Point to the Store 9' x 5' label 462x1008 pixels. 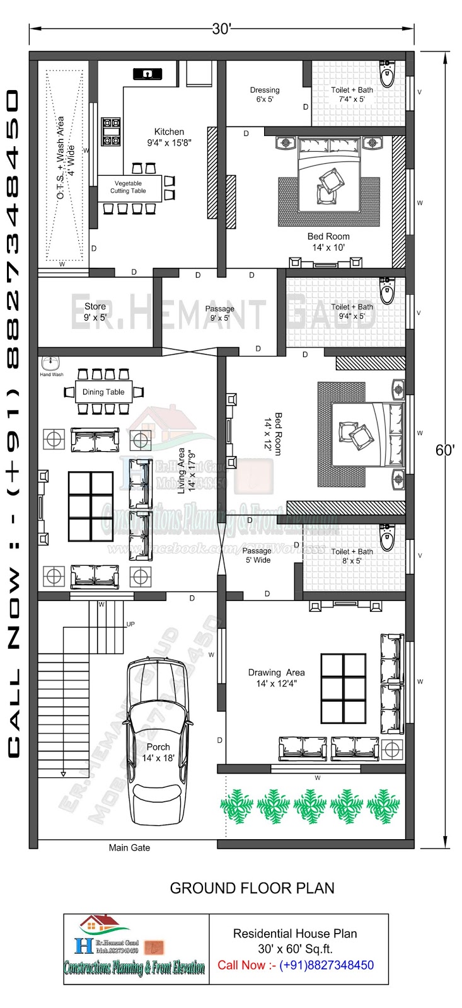[95, 312]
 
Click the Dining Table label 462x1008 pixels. [103, 392]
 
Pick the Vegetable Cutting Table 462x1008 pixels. [129, 187]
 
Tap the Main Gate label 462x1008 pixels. [129, 847]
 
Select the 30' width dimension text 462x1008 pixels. [222, 29]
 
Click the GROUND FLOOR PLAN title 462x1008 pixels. [252, 888]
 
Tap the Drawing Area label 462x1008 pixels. [276, 678]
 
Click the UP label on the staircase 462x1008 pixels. [130, 624]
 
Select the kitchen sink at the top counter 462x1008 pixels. [147, 74]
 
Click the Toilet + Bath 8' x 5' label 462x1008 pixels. [352, 556]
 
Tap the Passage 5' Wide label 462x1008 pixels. [257, 555]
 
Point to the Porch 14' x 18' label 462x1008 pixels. [158, 752]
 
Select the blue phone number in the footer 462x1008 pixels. [326, 965]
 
